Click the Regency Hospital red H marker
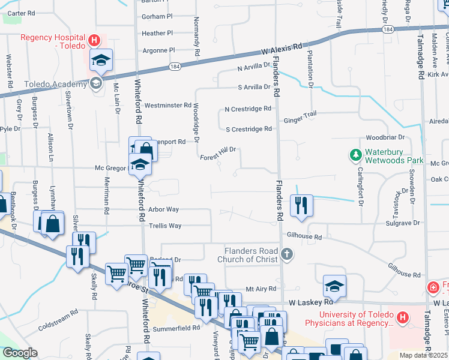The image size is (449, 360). (x=94, y=41)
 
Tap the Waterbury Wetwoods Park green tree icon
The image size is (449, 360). (x=355, y=155)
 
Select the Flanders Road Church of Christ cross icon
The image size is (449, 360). (x=287, y=254)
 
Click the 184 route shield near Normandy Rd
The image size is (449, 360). (x=174, y=66)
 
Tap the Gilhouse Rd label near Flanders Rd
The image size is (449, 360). (x=304, y=237)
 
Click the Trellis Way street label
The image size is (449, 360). (x=166, y=226)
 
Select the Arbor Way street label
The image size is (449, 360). (x=164, y=209)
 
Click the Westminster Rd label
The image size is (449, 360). (x=168, y=105)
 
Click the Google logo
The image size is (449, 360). (x=20, y=353)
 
